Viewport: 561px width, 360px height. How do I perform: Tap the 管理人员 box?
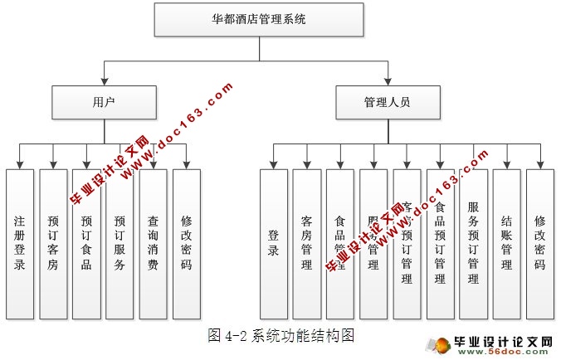pos(387,103)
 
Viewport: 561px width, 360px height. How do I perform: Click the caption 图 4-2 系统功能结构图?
pos(282,335)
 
